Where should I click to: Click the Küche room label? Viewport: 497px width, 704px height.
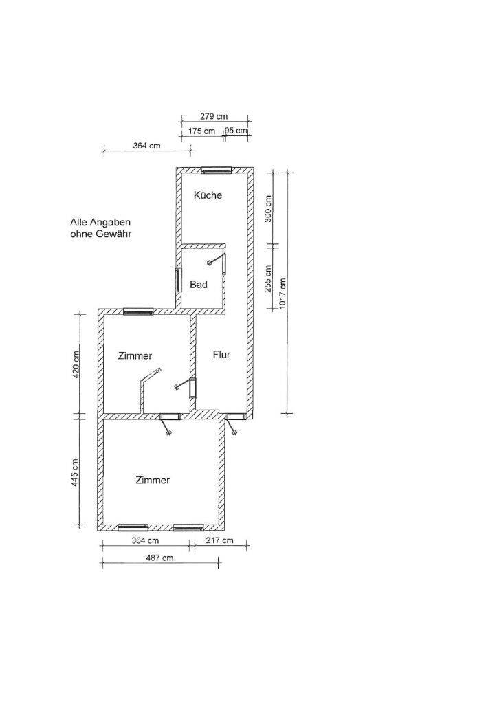[208, 195]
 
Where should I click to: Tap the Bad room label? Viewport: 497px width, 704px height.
[199, 284]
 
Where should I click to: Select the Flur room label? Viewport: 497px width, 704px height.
[221, 355]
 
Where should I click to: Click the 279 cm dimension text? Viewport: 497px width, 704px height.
[214, 116]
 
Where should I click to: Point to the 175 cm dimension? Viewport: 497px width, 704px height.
[201, 131]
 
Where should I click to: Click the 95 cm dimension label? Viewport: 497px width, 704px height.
[236, 131]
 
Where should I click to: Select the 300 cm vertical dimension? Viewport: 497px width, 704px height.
[269, 208]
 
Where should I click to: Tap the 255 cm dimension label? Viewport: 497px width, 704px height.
[269, 279]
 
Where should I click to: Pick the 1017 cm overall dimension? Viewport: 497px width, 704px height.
[283, 293]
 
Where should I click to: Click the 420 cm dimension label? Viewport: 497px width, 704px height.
[76, 364]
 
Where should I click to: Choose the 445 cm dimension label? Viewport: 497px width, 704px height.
[76, 472]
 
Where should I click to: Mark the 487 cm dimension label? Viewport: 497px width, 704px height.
[159, 558]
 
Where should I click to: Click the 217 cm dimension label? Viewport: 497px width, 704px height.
[219, 540]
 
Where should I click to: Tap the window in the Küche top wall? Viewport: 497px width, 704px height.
[216, 170]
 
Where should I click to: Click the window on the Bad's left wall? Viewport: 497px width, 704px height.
[178, 280]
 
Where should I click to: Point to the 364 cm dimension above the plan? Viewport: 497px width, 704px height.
[146, 146]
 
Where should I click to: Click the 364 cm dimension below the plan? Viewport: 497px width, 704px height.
[145, 540]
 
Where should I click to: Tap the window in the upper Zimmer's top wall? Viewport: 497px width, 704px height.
[138, 311]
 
